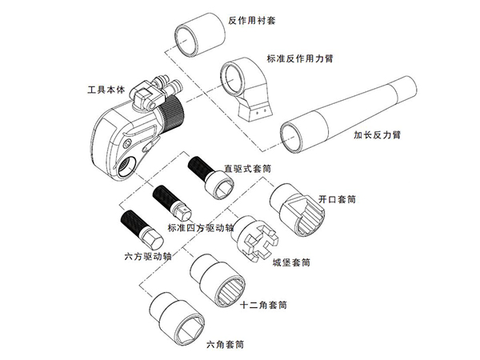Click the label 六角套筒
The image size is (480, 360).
pos(225,345)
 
